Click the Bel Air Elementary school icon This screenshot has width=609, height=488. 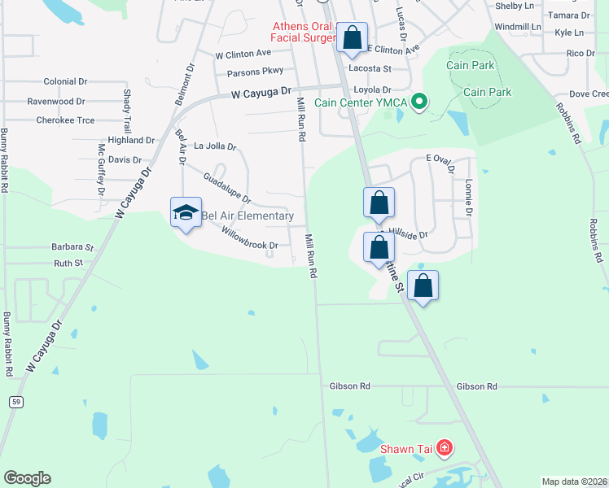point(186,213)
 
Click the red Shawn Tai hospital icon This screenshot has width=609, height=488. point(445,447)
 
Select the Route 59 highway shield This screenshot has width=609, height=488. point(15,402)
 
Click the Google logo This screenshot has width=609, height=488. point(27,478)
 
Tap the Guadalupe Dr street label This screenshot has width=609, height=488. point(226,187)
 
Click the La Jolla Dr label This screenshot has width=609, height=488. point(215,147)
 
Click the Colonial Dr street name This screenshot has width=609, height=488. point(65,82)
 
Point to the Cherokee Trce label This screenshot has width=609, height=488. point(65,120)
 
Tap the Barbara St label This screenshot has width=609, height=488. point(72,246)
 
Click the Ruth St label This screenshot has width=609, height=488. point(68,264)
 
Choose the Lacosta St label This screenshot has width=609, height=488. point(370,69)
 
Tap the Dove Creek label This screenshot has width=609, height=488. point(589,94)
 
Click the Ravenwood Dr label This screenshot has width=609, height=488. point(55,102)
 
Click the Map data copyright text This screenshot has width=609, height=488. point(573,481)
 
